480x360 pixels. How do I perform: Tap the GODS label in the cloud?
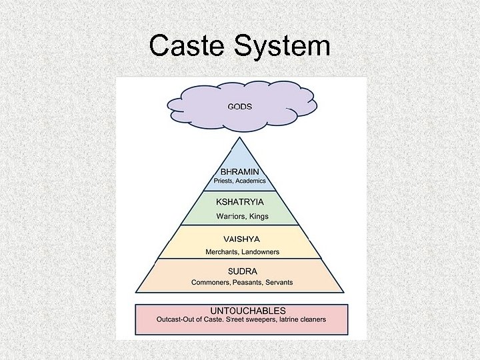(x=240, y=107)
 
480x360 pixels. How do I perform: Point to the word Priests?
(x=225, y=181)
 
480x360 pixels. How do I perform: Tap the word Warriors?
(x=231, y=216)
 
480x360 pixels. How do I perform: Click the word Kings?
(x=259, y=216)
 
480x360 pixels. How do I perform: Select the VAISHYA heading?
(x=241, y=239)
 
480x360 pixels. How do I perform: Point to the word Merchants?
(x=222, y=251)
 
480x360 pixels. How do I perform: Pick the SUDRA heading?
(x=241, y=271)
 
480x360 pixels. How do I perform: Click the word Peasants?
(x=246, y=283)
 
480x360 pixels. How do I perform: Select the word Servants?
(x=279, y=283)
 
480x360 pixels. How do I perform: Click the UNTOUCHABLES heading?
(x=247, y=311)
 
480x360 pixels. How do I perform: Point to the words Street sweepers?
(x=252, y=320)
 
